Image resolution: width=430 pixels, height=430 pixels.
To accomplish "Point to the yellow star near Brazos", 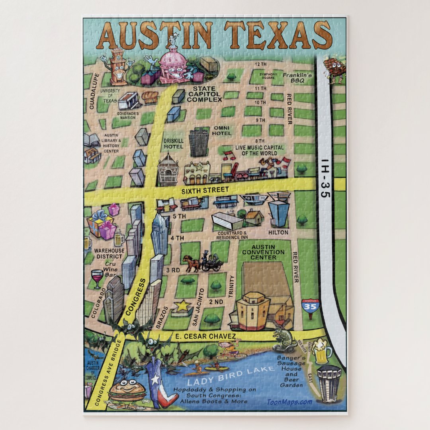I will coord(182,306).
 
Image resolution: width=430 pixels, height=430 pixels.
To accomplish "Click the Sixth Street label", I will coord(205,190).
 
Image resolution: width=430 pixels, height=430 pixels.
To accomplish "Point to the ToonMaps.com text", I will coord(289,402).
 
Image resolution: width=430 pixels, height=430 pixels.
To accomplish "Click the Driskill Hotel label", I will coord(173,143).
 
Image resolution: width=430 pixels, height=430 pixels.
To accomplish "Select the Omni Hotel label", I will coord(222,130).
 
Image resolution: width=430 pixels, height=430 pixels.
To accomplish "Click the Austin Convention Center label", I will coord(263,252).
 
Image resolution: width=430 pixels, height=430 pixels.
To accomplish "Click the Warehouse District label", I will coord(109,253).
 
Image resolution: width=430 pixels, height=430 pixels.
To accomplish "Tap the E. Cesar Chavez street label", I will coord(202,336).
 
